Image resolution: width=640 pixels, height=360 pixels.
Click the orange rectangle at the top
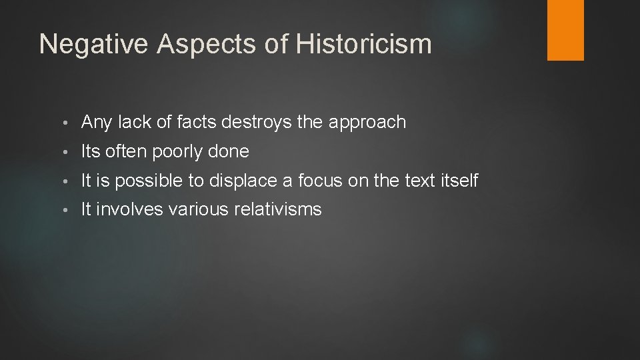pos(565,29)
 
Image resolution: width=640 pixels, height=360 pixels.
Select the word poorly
pos(178,152)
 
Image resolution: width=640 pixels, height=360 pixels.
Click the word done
pos(229,151)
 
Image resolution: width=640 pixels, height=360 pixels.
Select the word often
pos(127,151)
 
